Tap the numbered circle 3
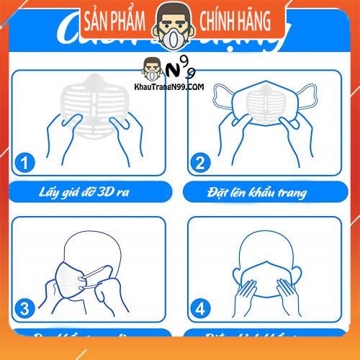tap(27, 310)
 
